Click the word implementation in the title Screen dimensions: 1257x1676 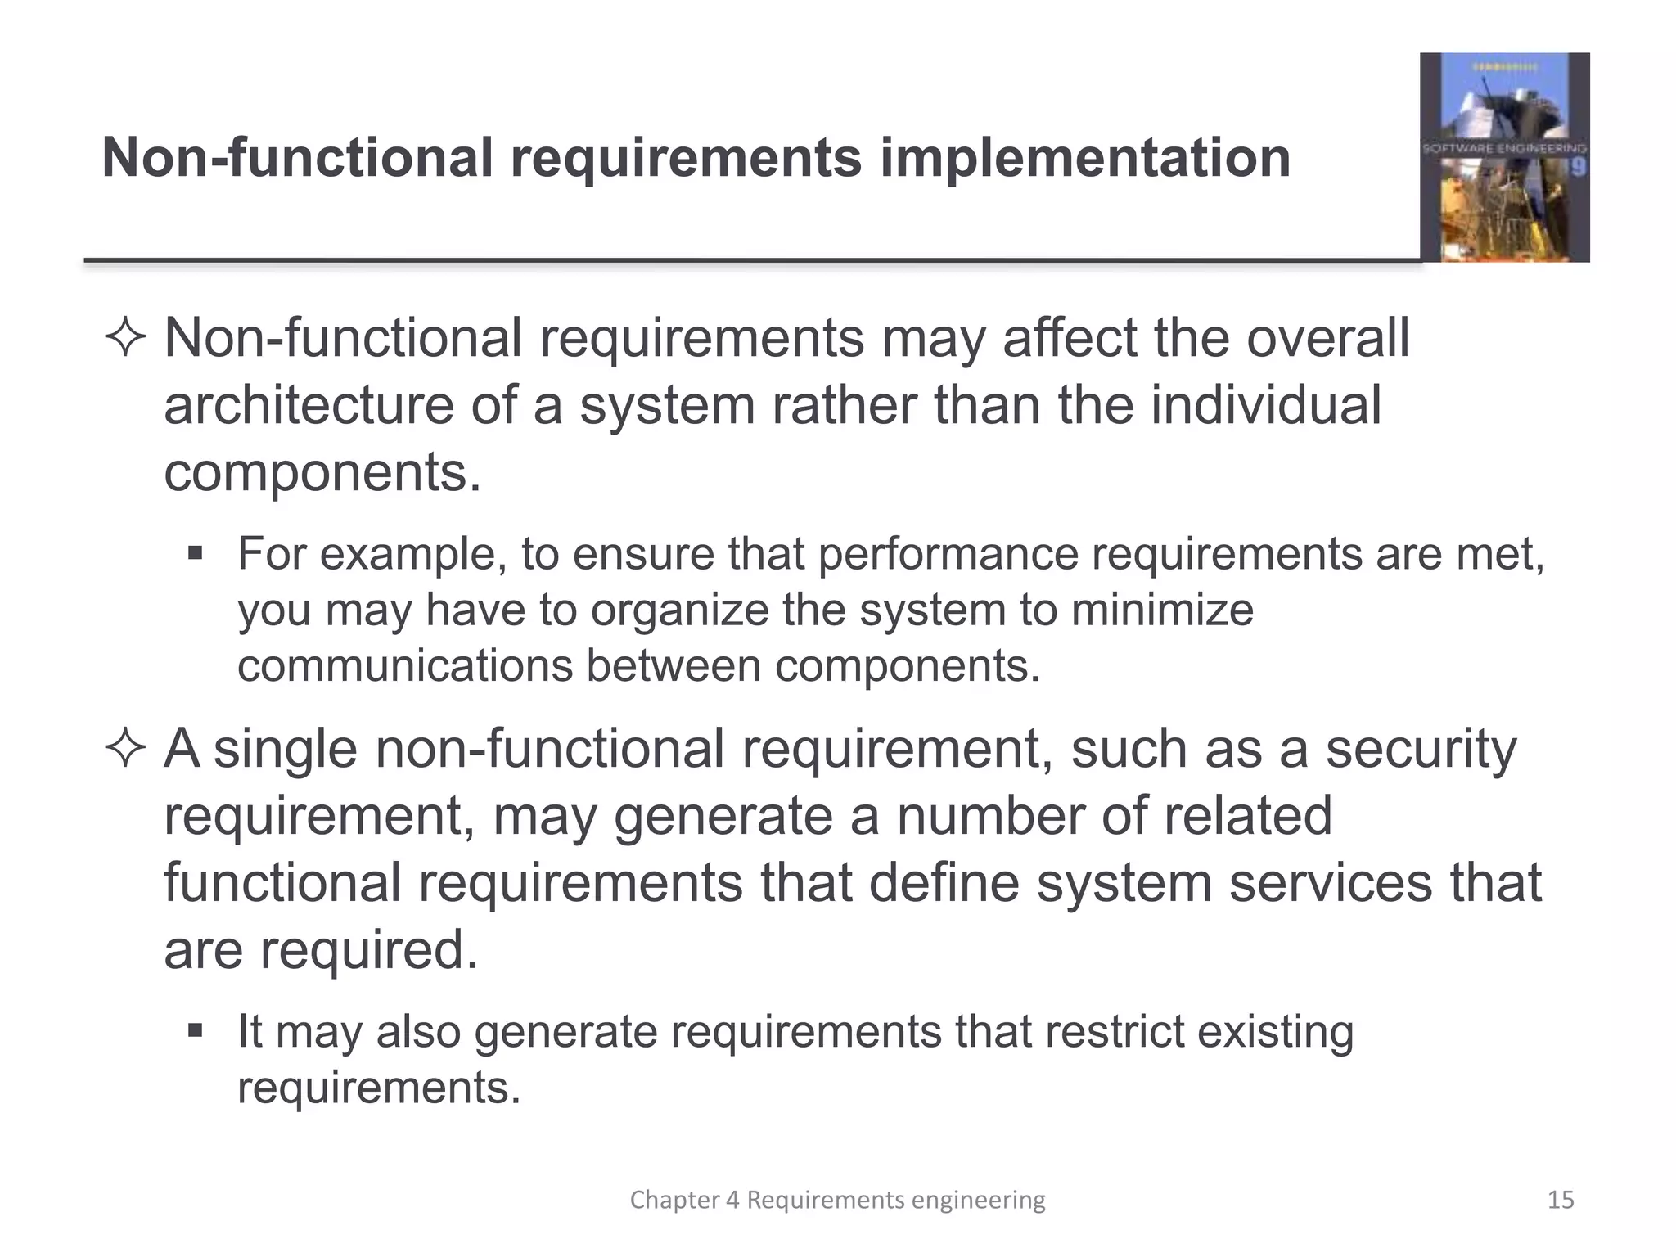[x=1084, y=158]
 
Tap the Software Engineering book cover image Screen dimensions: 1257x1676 [x=1504, y=157]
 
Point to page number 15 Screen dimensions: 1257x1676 [x=1561, y=1200]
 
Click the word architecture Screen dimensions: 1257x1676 [x=309, y=406]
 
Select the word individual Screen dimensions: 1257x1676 [x=1266, y=406]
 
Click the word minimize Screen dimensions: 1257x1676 [x=1162, y=610]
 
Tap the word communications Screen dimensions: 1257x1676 [x=405, y=666]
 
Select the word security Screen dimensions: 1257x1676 [x=1421, y=750]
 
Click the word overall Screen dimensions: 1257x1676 [x=1327, y=339]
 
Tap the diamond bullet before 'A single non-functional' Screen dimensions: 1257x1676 [x=125, y=749]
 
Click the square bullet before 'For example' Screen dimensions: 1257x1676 [x=195, y=554]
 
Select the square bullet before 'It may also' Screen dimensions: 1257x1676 [x=195, y=1030]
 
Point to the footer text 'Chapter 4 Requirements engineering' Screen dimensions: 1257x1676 [x=837, y=1200]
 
